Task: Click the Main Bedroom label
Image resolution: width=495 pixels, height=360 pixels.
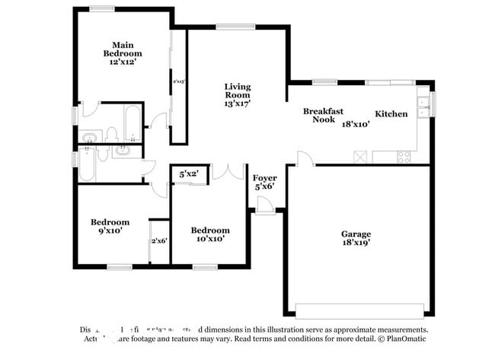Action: (123, 49)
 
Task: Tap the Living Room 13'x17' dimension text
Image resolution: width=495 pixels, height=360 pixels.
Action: (237, 103)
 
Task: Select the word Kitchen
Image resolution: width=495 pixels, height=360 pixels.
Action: (391, 114)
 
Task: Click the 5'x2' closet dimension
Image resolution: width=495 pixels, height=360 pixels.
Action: (188, 174)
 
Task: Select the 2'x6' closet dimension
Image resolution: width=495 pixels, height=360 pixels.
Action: (158, 241)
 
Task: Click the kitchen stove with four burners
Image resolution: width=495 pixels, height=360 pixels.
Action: (402, 157)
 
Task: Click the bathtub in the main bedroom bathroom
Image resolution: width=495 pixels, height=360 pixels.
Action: (132, 124)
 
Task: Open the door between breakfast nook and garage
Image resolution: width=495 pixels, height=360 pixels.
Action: (304, 158)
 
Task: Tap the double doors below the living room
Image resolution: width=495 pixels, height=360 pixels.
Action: (228, 171)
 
